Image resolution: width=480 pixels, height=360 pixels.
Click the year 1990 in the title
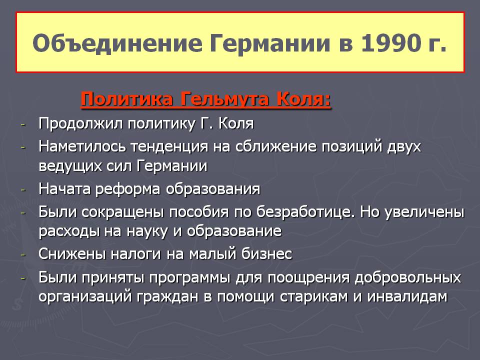(389, 42)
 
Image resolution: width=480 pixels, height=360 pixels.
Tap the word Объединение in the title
(117, 43)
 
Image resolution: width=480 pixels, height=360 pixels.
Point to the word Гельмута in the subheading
(225, 99)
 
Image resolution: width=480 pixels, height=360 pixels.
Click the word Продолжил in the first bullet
(80, 124)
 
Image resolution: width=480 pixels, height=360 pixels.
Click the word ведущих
(70, 166)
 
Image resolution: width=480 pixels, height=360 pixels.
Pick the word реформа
(128, 189)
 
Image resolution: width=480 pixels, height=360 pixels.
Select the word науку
(147, 231)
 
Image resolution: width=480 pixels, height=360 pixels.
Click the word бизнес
(266, 254)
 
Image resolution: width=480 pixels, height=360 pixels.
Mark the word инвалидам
(407, 296)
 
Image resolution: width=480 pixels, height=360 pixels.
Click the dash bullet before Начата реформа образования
(23, 190)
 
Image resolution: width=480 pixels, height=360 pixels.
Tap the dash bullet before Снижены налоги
(23, 254)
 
